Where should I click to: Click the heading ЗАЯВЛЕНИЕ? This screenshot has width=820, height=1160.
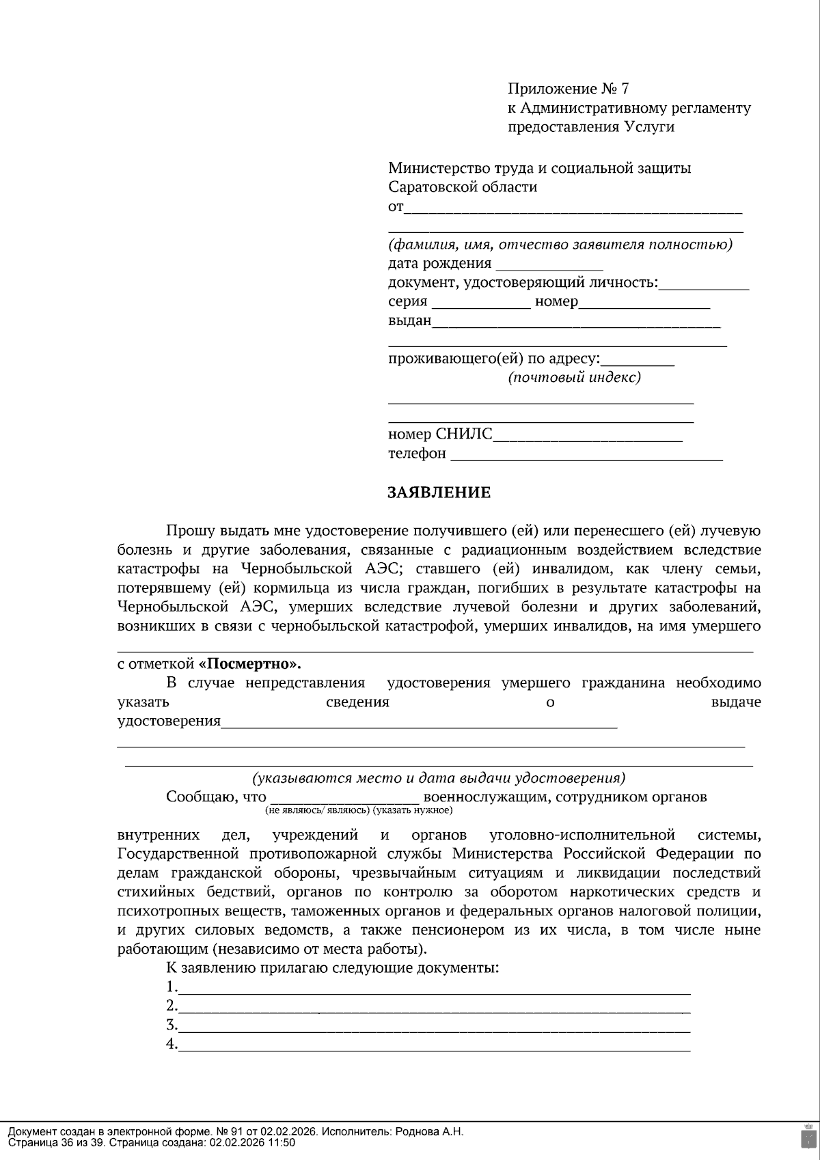pyautogui.click(x=439, y=493)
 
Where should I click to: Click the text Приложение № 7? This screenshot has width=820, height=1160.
pyautogui.click(x=567, y=88)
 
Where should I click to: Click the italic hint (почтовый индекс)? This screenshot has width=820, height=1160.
pyautogui.click(x=574, y=377)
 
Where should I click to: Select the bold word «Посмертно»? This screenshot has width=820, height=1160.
pyautogui.click(x=249, y=664)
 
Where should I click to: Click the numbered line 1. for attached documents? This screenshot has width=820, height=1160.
pyautogui.click(x=434, y=989)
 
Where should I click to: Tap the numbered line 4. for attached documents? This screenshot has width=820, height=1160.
pyautogui.click(x=434, y=1046)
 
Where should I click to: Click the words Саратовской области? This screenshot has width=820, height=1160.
pyautogui.click(x=463, y=187)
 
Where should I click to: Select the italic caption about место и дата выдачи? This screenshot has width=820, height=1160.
pyautogui.click(x=438, y=778)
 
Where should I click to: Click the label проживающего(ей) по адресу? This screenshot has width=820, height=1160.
pyautogui.click(x=494, y=358)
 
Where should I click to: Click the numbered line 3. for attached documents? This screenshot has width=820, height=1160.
pyautogui.click(x=434, y=1027)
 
